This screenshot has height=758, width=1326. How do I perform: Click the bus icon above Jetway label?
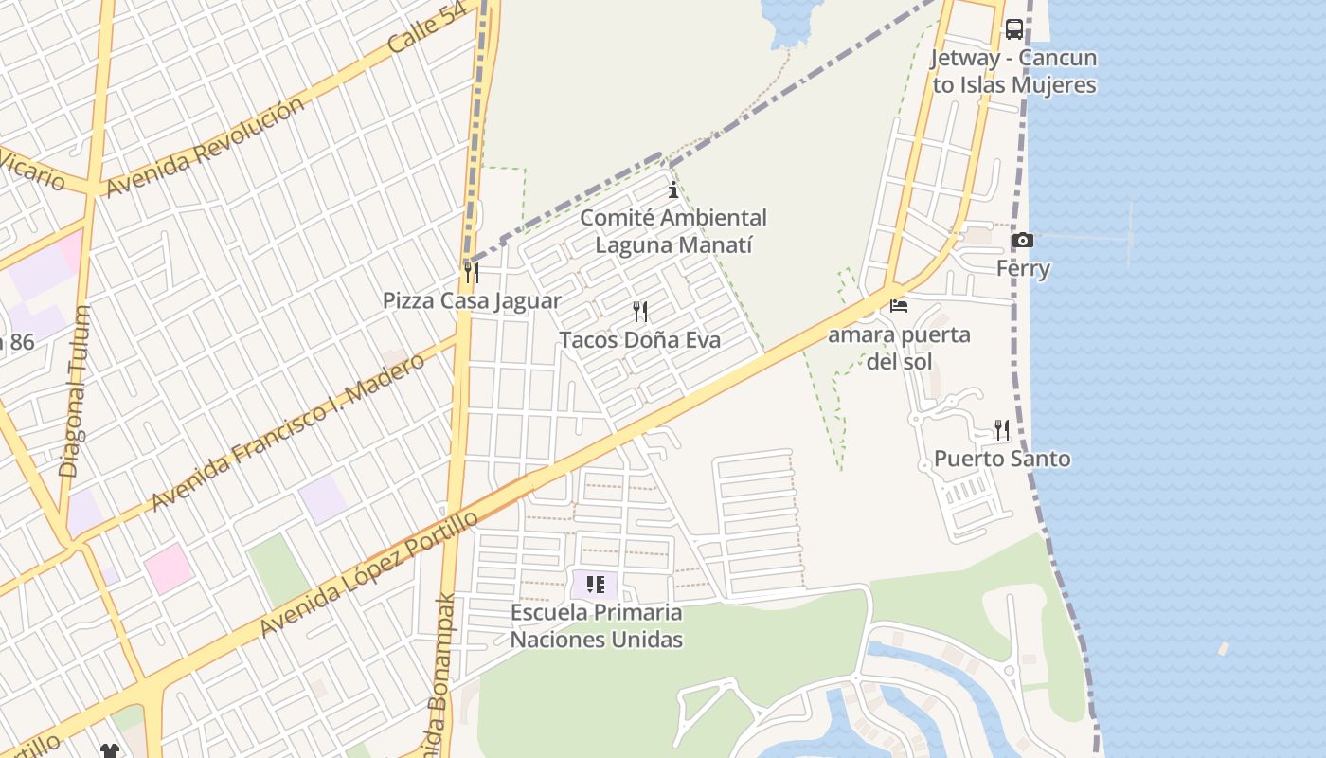1013,29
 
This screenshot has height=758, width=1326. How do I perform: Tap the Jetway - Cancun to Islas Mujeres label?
1013,71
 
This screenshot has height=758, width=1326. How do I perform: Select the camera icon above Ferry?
1022,241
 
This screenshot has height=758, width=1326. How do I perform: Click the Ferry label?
1023,269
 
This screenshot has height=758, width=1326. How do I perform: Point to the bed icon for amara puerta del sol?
899,306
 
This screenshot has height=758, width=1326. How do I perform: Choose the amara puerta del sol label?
899,348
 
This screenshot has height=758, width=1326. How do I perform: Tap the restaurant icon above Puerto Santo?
1002,430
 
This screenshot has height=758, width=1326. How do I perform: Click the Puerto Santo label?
1002,459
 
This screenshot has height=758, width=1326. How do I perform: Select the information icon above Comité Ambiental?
673,189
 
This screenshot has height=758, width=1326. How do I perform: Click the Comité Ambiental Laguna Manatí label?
673,231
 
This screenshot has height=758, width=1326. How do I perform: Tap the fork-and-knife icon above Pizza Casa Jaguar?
471,273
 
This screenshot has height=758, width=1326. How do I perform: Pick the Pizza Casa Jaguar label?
472,301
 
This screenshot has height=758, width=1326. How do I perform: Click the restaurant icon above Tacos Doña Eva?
640,311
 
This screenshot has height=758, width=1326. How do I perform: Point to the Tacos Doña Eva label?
640,339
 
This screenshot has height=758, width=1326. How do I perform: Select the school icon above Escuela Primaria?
595,585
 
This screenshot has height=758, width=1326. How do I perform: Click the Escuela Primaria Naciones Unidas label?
597,625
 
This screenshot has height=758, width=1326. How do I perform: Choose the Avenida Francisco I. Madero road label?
288,432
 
